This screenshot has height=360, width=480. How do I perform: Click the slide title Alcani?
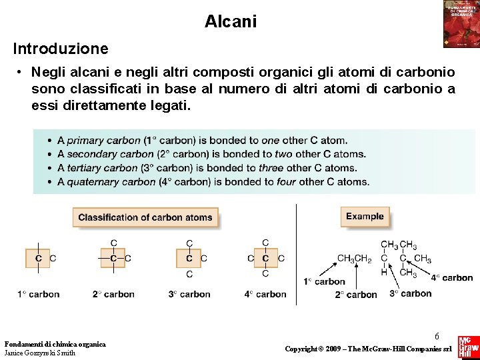(231, 21)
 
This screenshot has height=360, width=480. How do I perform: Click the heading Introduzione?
(60, 49)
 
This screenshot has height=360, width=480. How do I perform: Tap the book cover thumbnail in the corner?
(461, 24)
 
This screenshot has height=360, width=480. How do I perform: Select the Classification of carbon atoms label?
(145, 217)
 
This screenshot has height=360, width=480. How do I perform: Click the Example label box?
(365, 217)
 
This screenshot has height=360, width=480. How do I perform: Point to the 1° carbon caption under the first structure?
(39, 294)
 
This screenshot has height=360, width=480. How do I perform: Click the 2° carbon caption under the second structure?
(113, 294)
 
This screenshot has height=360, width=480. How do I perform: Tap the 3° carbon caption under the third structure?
(189, 294)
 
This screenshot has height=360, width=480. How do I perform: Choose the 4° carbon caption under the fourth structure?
(265, 294)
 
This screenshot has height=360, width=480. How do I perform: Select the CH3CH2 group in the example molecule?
(354, 259)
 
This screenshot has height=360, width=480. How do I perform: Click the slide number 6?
(437, 319)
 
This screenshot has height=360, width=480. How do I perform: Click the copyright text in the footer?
(369, 349)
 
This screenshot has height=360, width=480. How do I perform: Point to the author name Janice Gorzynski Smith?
(40, 353)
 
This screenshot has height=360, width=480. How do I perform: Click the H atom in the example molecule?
(384, 271)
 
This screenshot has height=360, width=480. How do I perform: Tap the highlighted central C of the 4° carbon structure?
(265, 258)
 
